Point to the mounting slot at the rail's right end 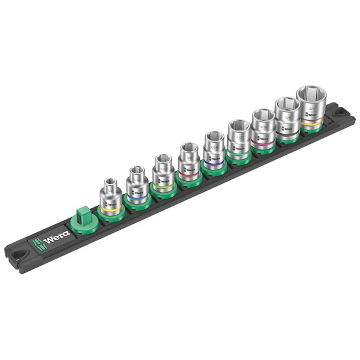tap(329, 110)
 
